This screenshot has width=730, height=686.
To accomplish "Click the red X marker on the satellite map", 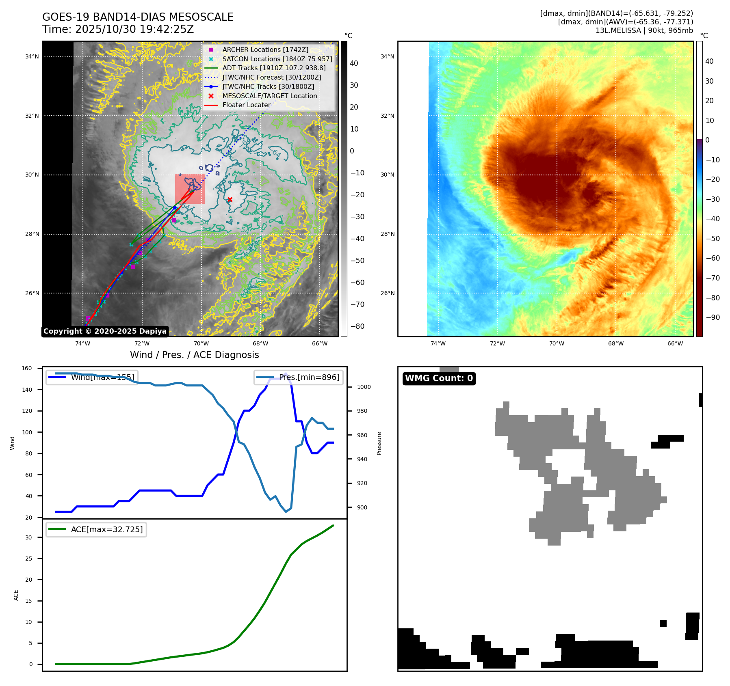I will coord(230,199).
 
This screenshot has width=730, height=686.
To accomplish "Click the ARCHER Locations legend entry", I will coord(265,50).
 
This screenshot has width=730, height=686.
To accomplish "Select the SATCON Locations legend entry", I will coord(277,59).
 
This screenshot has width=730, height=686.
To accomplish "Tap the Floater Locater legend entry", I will coord(246,105).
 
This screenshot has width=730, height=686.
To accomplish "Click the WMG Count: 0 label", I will coord(439,378).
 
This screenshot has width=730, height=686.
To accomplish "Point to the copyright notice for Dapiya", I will coord(105,331).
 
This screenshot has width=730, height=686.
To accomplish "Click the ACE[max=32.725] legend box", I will coord(96,529).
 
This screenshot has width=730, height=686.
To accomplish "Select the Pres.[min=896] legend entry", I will coord(299,377).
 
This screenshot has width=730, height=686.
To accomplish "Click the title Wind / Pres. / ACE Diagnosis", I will coord(194,355).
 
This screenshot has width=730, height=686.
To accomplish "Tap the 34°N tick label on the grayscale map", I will coord(32,56).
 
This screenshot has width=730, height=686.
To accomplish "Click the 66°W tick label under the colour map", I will coord(675,343).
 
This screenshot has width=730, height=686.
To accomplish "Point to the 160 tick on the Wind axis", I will coord(27,369).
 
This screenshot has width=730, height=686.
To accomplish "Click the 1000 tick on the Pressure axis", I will coord(364,387).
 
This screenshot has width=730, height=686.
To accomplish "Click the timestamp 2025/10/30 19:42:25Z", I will coord(134,29).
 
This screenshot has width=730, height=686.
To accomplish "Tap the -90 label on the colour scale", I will coord(713,317).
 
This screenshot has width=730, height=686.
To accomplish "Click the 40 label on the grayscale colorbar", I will coord(354,63).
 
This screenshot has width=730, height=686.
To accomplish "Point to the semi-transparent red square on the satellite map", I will coord(190,189).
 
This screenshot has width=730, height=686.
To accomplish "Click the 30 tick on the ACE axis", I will coord(28,537).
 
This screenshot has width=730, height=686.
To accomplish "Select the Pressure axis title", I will coord(379,443).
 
